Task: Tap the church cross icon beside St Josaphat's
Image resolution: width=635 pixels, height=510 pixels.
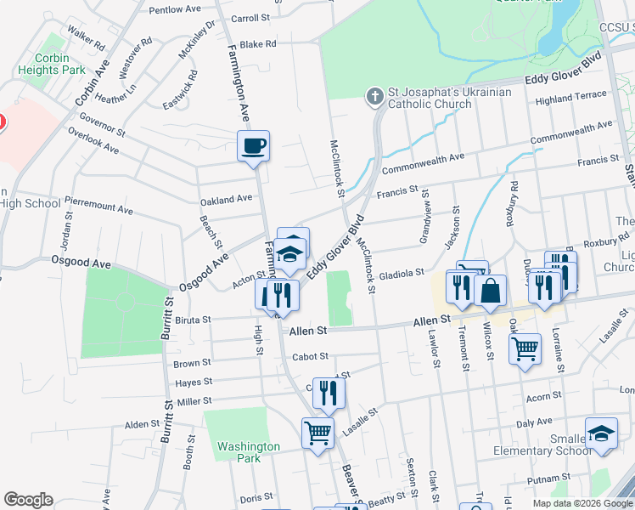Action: (374, 97)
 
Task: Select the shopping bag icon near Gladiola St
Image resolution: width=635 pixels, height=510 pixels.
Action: (491, 292)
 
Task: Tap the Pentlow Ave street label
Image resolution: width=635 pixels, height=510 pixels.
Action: (175, 9)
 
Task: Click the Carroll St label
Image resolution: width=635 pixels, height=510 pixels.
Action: (250, 18)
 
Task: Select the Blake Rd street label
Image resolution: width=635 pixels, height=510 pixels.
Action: (258, 44)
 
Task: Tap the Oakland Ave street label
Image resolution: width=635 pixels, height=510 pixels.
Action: (226, 200)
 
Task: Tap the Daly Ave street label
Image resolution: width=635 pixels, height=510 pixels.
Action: (535, 422)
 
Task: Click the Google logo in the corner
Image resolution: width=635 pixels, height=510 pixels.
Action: (28, 500)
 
